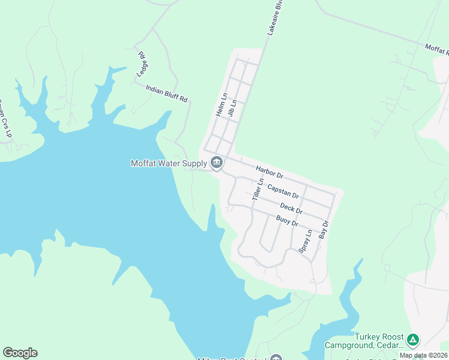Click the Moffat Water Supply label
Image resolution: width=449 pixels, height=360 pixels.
tap(169, 163)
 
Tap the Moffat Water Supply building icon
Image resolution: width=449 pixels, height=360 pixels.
tap(216, 162)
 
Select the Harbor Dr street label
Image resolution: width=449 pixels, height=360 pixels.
tap(268, 172)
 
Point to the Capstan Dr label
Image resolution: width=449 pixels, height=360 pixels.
tap(283, 191)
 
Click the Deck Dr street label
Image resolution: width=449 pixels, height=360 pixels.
tap(291, 208)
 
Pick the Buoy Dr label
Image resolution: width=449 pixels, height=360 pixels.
tap(287, 221)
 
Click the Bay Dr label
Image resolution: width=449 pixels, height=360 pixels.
tap(325, 231)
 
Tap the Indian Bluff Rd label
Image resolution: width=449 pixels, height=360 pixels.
tap(167, 92)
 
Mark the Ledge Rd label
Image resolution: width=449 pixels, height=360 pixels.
tap(142, 62)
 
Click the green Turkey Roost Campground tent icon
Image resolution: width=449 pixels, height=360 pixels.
tap(412, 340)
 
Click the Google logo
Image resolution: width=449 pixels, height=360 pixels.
tap(20, 353)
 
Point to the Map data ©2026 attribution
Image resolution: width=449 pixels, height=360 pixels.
tap(424, 355)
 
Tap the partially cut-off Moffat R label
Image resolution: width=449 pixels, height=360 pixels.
tap(437, 49)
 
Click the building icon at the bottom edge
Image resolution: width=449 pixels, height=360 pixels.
tap(276, 358)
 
